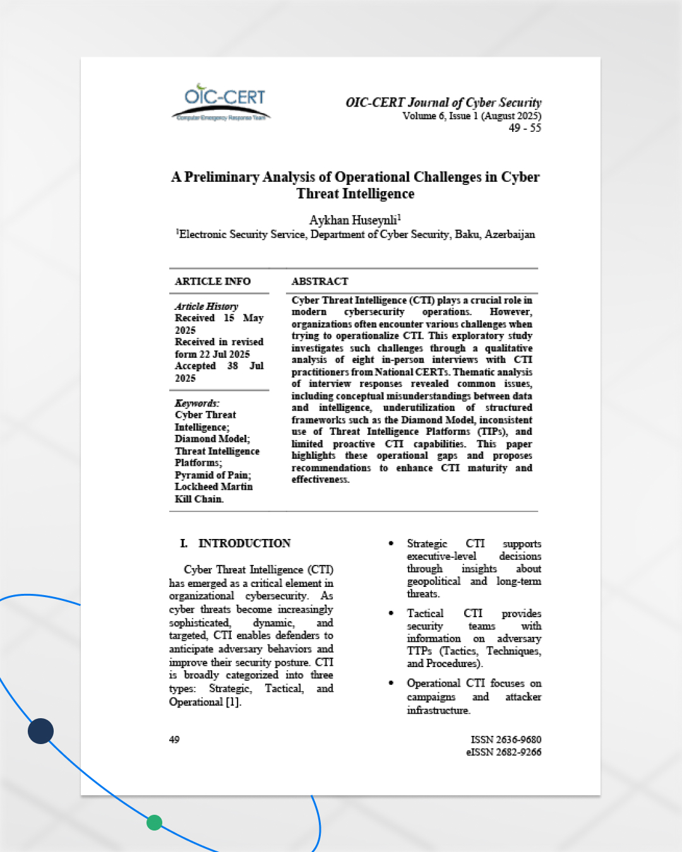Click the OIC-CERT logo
(222, 102)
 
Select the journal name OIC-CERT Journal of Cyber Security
(443, 102)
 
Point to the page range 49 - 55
(525, 128)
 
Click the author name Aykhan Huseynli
(354, 220)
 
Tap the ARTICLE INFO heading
(213, 281)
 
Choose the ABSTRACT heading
(320, 281)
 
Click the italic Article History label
(206, 306)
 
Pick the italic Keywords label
(197, 403)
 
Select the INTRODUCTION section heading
(244, 543)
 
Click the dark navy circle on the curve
(41, 731)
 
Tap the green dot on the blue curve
(154, 823)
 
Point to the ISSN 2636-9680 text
(506, 740)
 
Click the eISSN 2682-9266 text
(504, 752)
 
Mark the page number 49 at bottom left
(174, 740)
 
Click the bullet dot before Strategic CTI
(392, 543)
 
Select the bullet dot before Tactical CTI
(392, 613)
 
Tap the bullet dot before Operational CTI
(392, 683)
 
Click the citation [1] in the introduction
(233, 702)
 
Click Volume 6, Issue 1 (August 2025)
(472, 116)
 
